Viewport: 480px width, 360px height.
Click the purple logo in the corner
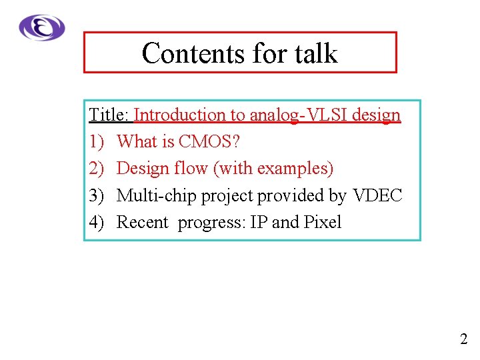click(x=42, y=28)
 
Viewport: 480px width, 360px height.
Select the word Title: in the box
click(x=109, y=115)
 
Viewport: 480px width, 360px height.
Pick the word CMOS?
click(x=210, y=142)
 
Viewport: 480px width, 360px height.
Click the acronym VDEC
click(x=377, y=195)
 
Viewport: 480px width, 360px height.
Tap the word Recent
click(x=143, y=222)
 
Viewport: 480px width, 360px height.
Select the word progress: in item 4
click(x=211, y=223)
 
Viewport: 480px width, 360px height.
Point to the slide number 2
click(x=463, y=339)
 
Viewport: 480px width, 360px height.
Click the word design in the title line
click(x=376, y=115)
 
